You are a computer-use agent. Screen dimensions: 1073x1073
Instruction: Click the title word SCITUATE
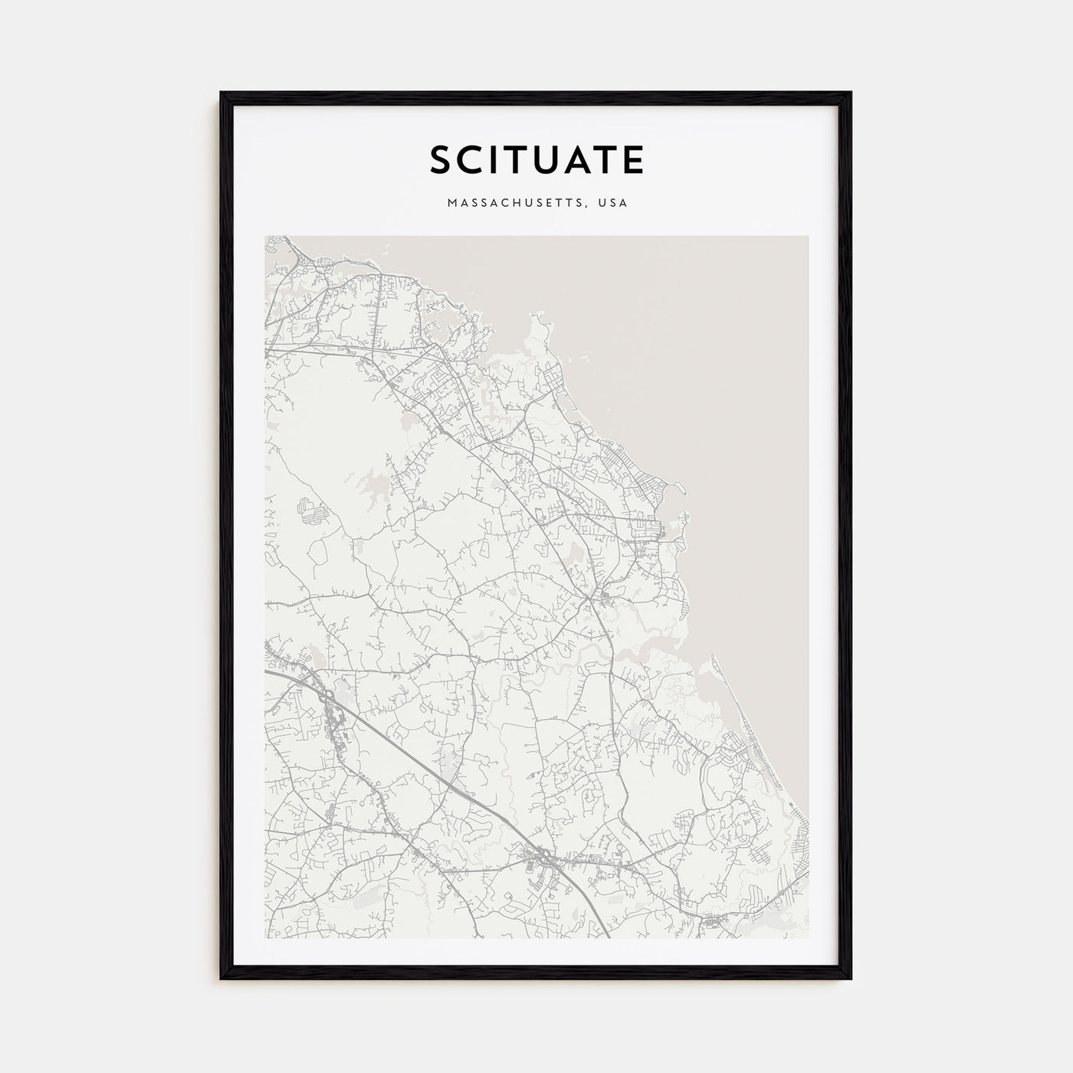click(536, 160)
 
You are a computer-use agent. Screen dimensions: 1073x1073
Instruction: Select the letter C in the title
click(471, 160)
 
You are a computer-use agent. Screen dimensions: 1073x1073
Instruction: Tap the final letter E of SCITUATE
click(634, 160)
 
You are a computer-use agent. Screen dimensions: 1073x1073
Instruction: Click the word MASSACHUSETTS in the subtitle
click(510, 203)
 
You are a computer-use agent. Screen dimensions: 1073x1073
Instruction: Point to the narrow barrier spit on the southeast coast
click(724, 690)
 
